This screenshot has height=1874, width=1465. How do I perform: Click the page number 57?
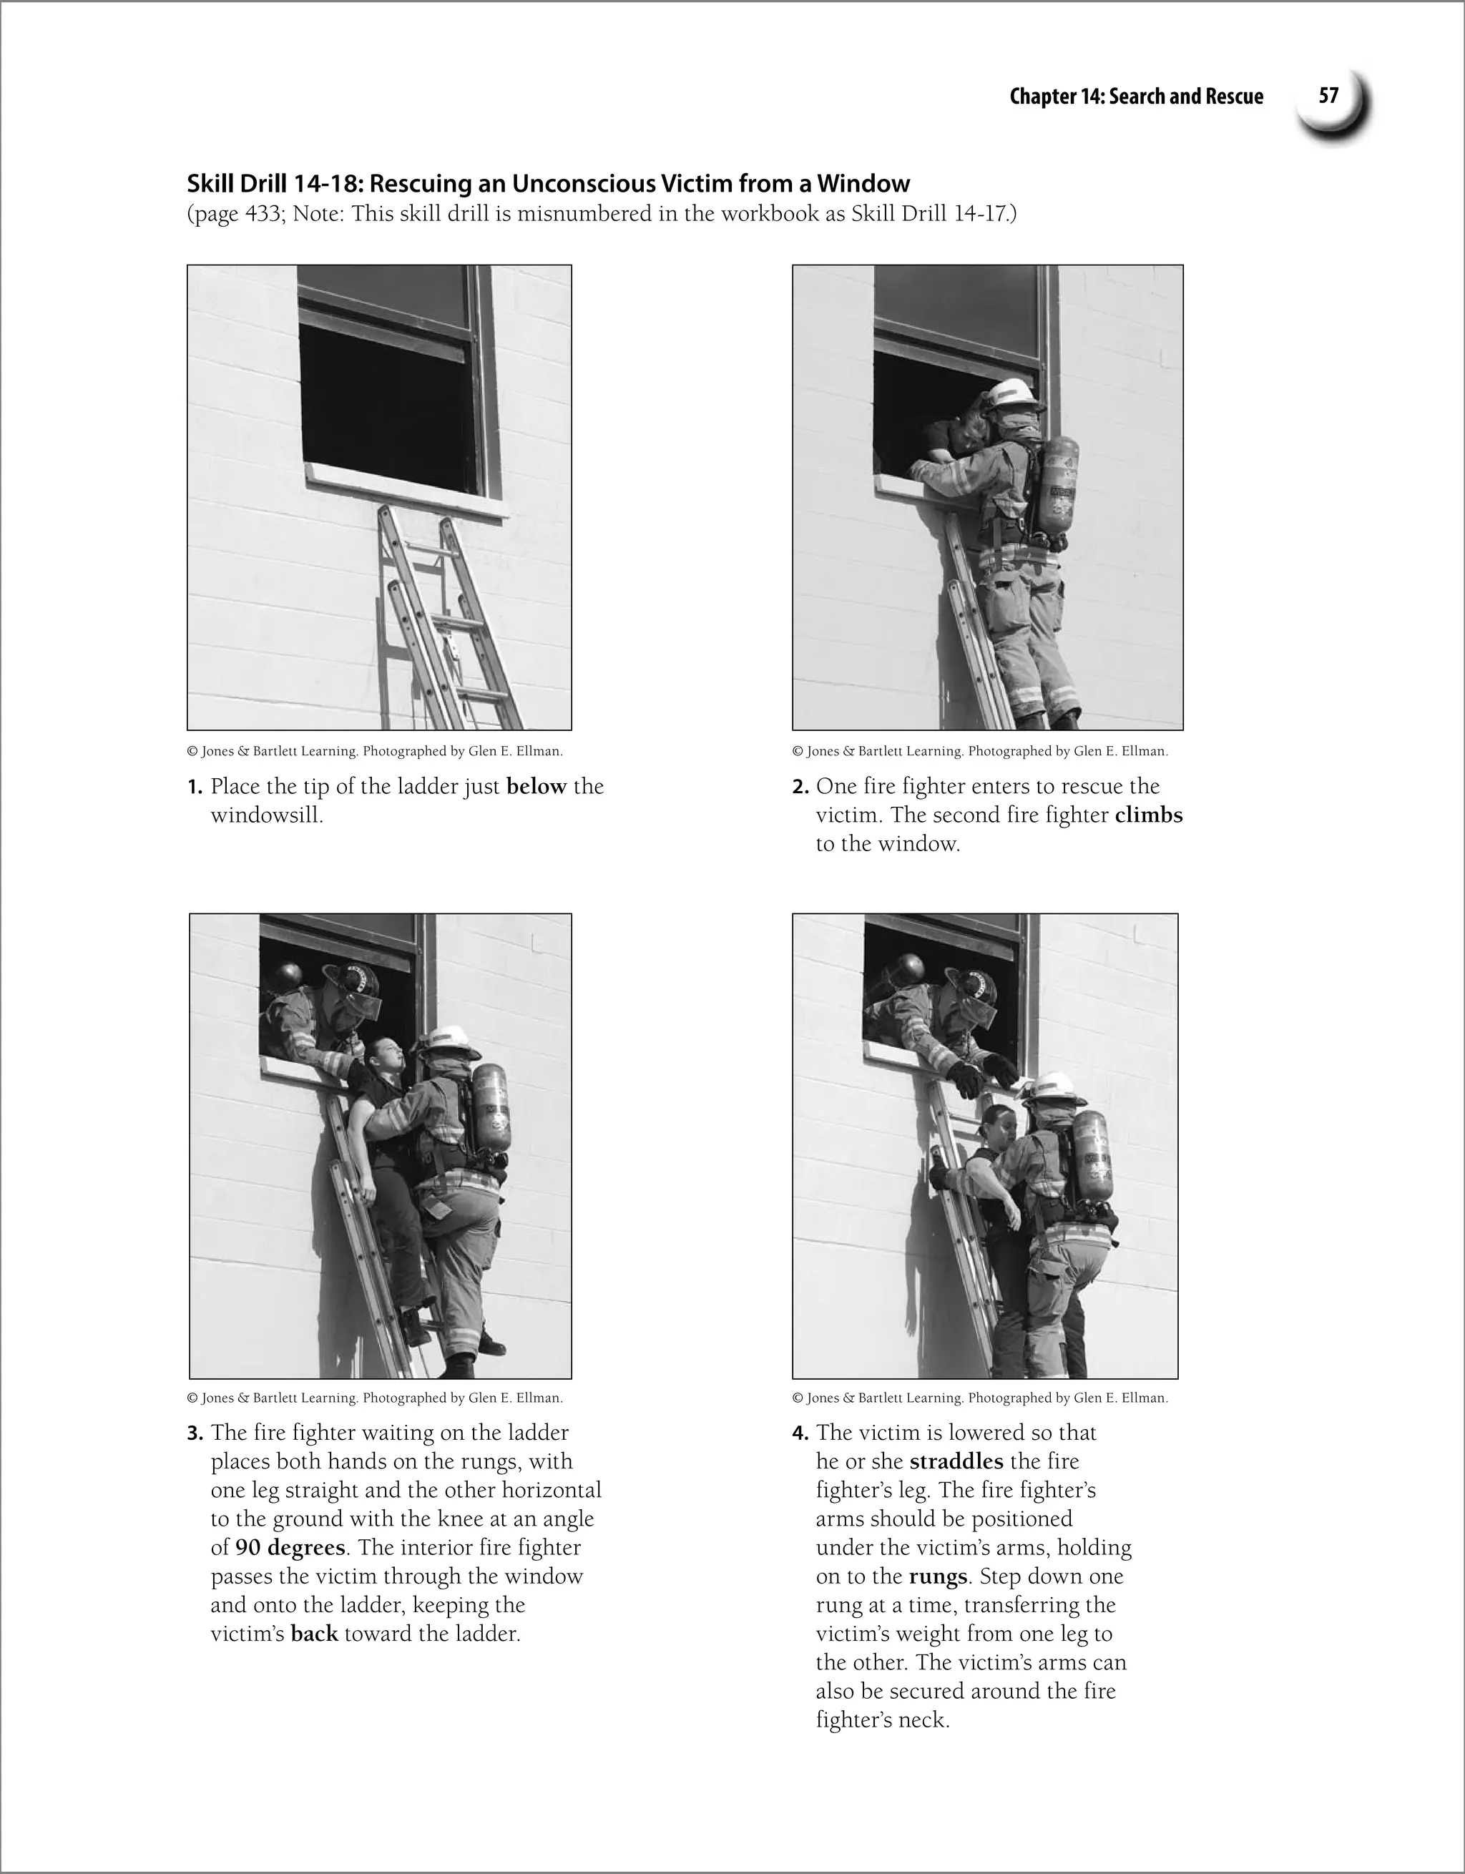point(1328,95)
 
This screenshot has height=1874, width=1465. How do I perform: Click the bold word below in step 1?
point(537,787)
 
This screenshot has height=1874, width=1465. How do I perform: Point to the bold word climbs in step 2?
point(1148,815)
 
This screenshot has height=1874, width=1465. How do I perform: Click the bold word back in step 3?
point(314,1634)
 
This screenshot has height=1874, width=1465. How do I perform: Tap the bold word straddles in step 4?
point(956,1461)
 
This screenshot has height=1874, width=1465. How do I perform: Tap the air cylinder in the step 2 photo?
point(1057,485)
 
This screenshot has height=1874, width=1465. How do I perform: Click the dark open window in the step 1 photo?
point(386,403)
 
